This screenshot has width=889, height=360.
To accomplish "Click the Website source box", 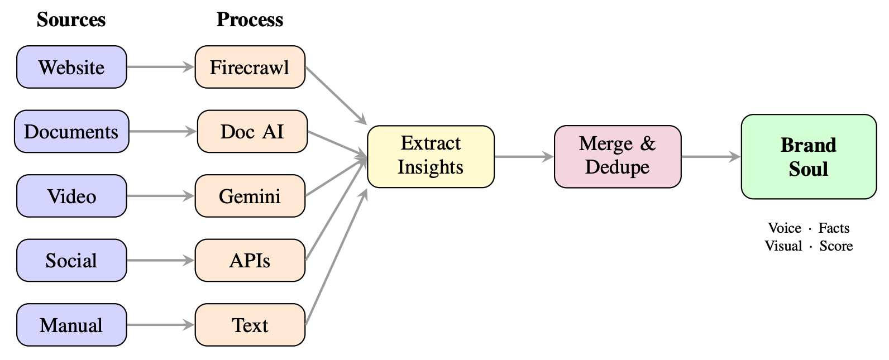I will tap(71, 68).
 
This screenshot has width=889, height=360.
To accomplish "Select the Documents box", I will tap(71, 132).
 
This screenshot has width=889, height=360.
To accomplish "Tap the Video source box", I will tap(71, 196).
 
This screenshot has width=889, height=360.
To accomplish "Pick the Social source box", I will tap(71, 261).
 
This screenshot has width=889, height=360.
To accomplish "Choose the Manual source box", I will tap(71, 325).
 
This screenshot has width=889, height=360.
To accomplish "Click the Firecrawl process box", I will tap(250, 68).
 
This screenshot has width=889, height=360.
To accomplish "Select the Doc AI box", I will tap(252, 132).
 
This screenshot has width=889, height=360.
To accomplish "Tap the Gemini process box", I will tap(250, 196).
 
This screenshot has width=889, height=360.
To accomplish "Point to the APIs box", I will tap(250, 261).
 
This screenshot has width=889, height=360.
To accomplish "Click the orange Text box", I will tap(250, 325).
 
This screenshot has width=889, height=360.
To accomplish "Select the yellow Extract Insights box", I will tap(431, 156).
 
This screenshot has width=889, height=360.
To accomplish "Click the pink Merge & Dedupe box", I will tap(617, 156).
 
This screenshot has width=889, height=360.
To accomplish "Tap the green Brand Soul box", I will tap(808, 157).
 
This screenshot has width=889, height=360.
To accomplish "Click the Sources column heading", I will tap(71, 20).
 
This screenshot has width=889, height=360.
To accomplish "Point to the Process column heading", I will tap(250, 20).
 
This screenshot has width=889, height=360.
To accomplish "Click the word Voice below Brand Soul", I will tap(784, 228).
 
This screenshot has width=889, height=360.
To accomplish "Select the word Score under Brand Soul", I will tap(835, 246).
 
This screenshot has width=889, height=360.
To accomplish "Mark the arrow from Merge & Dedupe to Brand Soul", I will tap(710, 157).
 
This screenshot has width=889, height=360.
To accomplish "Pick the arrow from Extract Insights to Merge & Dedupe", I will tap(524, 157).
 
